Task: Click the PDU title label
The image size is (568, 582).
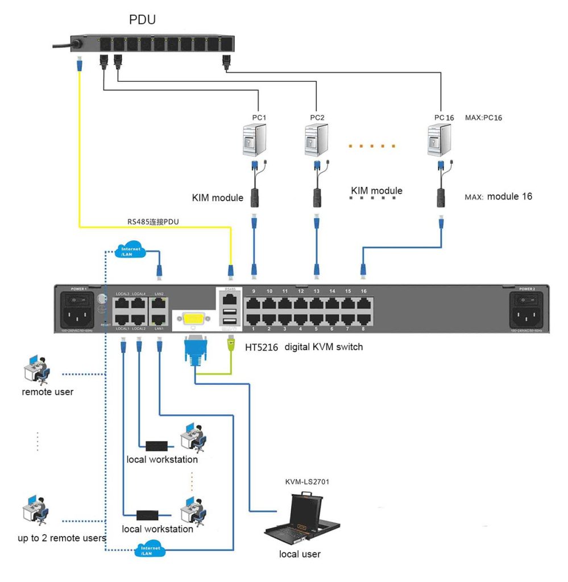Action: [x=142, y=20]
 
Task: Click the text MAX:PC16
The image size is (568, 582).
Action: [x=484, y=118]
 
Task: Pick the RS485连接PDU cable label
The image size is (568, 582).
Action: [x=153, y=221]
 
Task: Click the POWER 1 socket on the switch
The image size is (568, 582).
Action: [x=79, y=312]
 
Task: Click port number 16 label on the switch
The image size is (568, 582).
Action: [x=363, y=291]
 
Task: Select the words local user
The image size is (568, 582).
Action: [x=300, y=554]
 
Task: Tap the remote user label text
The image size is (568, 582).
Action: [x=48, y=392]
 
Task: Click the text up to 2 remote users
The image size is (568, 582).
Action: [x=61, y=538]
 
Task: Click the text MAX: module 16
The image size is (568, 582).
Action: [x=499, y=197]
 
